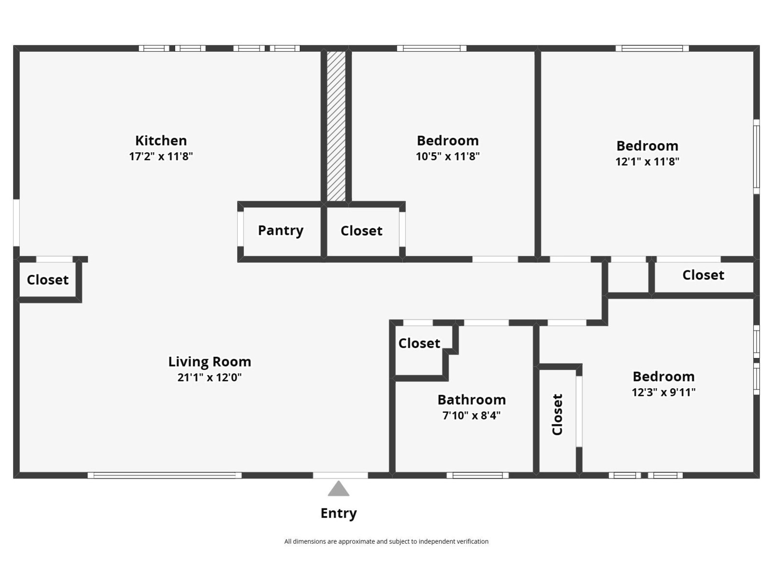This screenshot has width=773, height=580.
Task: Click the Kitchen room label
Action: (x=161, y=141)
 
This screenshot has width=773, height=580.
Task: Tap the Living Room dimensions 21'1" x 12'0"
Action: (x=210, y=377)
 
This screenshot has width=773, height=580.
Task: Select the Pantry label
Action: (x=281, y=231)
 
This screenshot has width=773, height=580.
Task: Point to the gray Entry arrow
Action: (x=339, y=489)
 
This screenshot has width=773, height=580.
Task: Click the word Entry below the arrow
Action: (x=339, y=513)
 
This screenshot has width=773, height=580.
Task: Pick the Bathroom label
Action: (x=472, y=400)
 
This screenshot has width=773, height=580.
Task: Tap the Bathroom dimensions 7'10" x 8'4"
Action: (x=472, y=416)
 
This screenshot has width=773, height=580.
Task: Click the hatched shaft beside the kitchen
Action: (x=336, y=126)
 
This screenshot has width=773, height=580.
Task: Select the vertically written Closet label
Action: (x=557, y=415)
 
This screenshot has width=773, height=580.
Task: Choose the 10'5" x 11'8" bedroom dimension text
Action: (x=447, y=156)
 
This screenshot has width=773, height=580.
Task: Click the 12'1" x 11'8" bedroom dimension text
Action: (x=647, y=161)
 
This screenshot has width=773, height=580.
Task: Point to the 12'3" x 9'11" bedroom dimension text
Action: (x=663, y=392)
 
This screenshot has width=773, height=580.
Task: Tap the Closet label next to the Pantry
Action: (x=361, y=231)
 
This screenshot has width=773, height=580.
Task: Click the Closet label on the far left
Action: (x=47, y=280)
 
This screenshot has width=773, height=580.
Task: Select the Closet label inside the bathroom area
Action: (x=419, y=343)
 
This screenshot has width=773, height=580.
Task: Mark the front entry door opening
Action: (x=341, y=476)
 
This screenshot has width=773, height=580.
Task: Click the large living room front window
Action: (x=165, y=476)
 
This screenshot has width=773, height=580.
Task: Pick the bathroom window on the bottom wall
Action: (x=477, y=476)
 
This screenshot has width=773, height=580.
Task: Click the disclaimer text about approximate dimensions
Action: (x=386, y=542)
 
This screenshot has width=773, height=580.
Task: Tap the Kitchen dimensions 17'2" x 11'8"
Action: (x=161, y=156)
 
